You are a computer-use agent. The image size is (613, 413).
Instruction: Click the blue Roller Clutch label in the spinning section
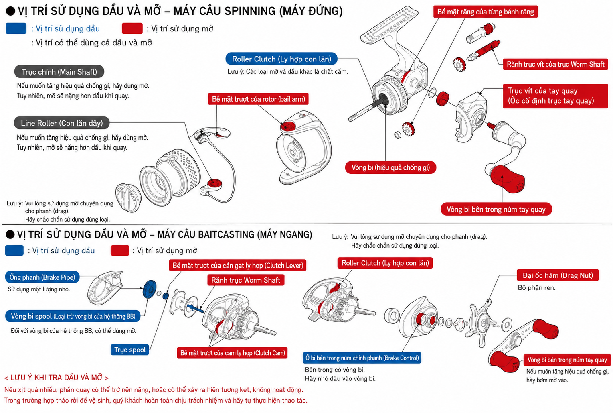point(281,59)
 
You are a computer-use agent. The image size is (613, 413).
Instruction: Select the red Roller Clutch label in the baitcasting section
point(385,263)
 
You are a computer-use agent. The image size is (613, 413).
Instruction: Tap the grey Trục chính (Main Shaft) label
point(59,72)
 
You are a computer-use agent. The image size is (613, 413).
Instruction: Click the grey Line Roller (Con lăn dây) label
point(62,123)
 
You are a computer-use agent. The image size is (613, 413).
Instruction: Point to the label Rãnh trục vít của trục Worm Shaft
point(555,64)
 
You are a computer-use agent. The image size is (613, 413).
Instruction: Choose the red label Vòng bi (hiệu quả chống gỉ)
point(390,167)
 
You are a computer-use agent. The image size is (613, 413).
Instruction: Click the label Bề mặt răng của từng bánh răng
point(486,12)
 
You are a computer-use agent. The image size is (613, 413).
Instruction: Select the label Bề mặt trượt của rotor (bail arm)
point(258,99)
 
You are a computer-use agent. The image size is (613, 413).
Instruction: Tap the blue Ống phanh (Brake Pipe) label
point(42,277)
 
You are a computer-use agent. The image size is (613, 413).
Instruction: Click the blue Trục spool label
point(130,350)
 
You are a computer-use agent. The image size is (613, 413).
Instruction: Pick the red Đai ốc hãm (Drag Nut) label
point(558,275)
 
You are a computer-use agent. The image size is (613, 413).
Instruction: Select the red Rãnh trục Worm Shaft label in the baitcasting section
point(246,280)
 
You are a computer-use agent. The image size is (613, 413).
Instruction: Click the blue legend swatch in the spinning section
point(16,28)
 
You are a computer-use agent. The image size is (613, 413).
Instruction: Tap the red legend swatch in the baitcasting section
point(120,250)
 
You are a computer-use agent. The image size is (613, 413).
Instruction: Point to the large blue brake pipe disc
point(150,289)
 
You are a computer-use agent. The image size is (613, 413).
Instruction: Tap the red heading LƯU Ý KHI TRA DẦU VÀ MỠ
point(57,378)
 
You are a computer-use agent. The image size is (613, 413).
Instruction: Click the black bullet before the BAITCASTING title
point(10,234)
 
